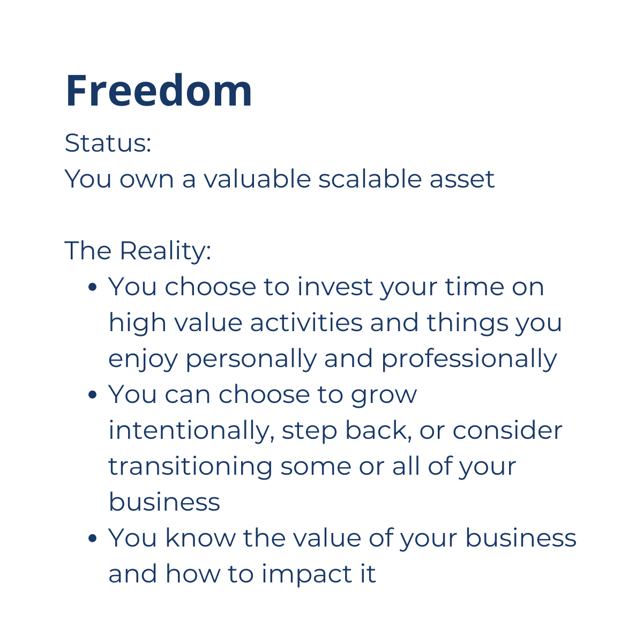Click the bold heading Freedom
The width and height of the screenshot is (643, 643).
(159, 91)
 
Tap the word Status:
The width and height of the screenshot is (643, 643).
(108, 143)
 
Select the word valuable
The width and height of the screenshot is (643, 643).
(257, 178)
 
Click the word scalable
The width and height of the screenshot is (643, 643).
(370, 178)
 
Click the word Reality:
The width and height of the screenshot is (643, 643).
(165, 251)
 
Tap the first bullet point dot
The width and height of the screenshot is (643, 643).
(92, 287)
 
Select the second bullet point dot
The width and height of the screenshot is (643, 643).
(92, 395)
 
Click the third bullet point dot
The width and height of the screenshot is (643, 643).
(92, 538)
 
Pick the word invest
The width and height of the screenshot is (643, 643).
(335, 287)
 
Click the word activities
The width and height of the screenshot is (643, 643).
(306, 323)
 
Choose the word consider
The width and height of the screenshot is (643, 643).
(507, 431)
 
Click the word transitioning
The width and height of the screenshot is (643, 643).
(191, 467)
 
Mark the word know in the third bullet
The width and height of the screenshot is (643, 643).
(200, 538)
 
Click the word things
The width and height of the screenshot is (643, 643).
(467, 324)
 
